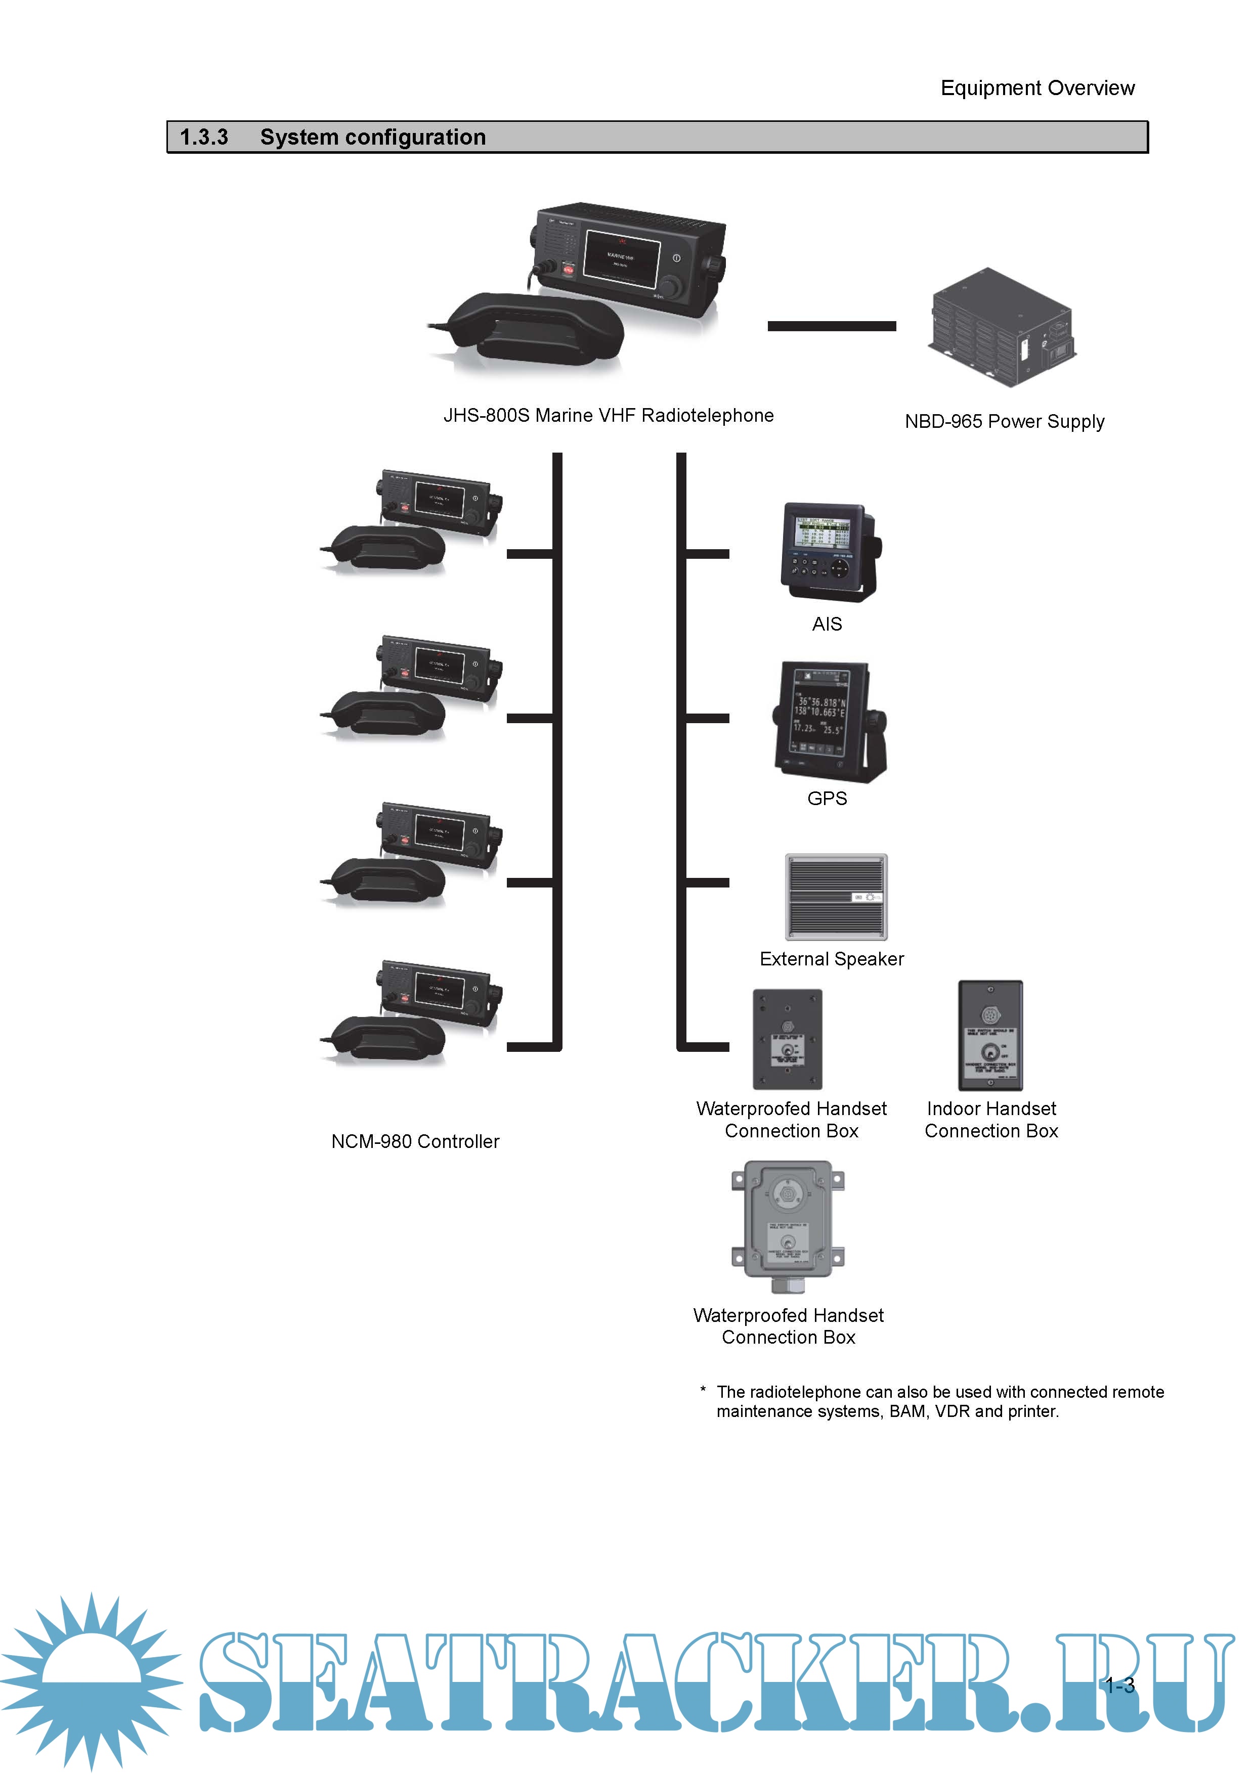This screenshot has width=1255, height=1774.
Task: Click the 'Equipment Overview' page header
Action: point(1036,88)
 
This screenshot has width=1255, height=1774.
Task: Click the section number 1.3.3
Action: point(204,138)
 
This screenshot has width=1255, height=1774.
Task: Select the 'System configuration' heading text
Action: point(372,138)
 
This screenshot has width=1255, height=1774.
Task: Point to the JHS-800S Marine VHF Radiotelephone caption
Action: point(608,416)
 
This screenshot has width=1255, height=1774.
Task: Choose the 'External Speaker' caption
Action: point(832,959)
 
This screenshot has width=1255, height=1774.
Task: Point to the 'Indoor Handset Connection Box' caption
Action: point(991,1120)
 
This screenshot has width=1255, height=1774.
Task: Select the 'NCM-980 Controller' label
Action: point(415,1142)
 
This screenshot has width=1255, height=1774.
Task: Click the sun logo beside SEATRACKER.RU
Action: point(91,1680)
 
